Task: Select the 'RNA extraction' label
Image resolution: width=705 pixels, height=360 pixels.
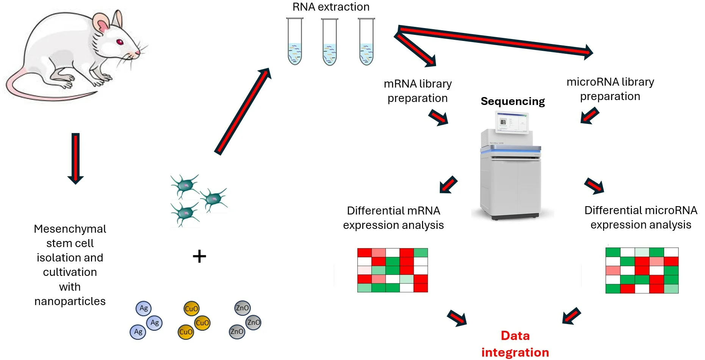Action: click(x=331, y=7)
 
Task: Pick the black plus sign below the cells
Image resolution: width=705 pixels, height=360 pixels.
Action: click(x=199, y=257)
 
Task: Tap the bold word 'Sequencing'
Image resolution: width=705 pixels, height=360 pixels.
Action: click(x=513, y=101)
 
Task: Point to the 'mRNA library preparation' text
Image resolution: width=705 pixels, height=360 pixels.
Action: click(x=417, y=91)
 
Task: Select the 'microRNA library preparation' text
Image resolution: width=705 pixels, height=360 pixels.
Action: click(x=610, y=89)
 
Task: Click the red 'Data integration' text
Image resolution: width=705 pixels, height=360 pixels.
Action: click(x=515, y=344)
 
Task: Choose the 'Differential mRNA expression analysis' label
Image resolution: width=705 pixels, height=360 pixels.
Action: click(x=393, y=218)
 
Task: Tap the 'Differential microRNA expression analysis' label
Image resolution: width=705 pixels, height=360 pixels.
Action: click(x=641, y=218)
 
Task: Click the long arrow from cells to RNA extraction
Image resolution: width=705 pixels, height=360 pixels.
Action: click(x=242, y=112)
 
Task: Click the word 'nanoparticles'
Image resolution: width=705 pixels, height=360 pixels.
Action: click(x=70, y=301)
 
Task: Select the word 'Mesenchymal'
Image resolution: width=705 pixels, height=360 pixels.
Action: click(x=70, y=229)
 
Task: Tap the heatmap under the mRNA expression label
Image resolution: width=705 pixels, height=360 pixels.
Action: click(x=392, y=270)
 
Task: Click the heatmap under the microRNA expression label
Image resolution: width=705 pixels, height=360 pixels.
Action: click(x=642, y=271)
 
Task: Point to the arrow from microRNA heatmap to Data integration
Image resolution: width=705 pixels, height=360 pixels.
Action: click(x=571, y=316)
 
